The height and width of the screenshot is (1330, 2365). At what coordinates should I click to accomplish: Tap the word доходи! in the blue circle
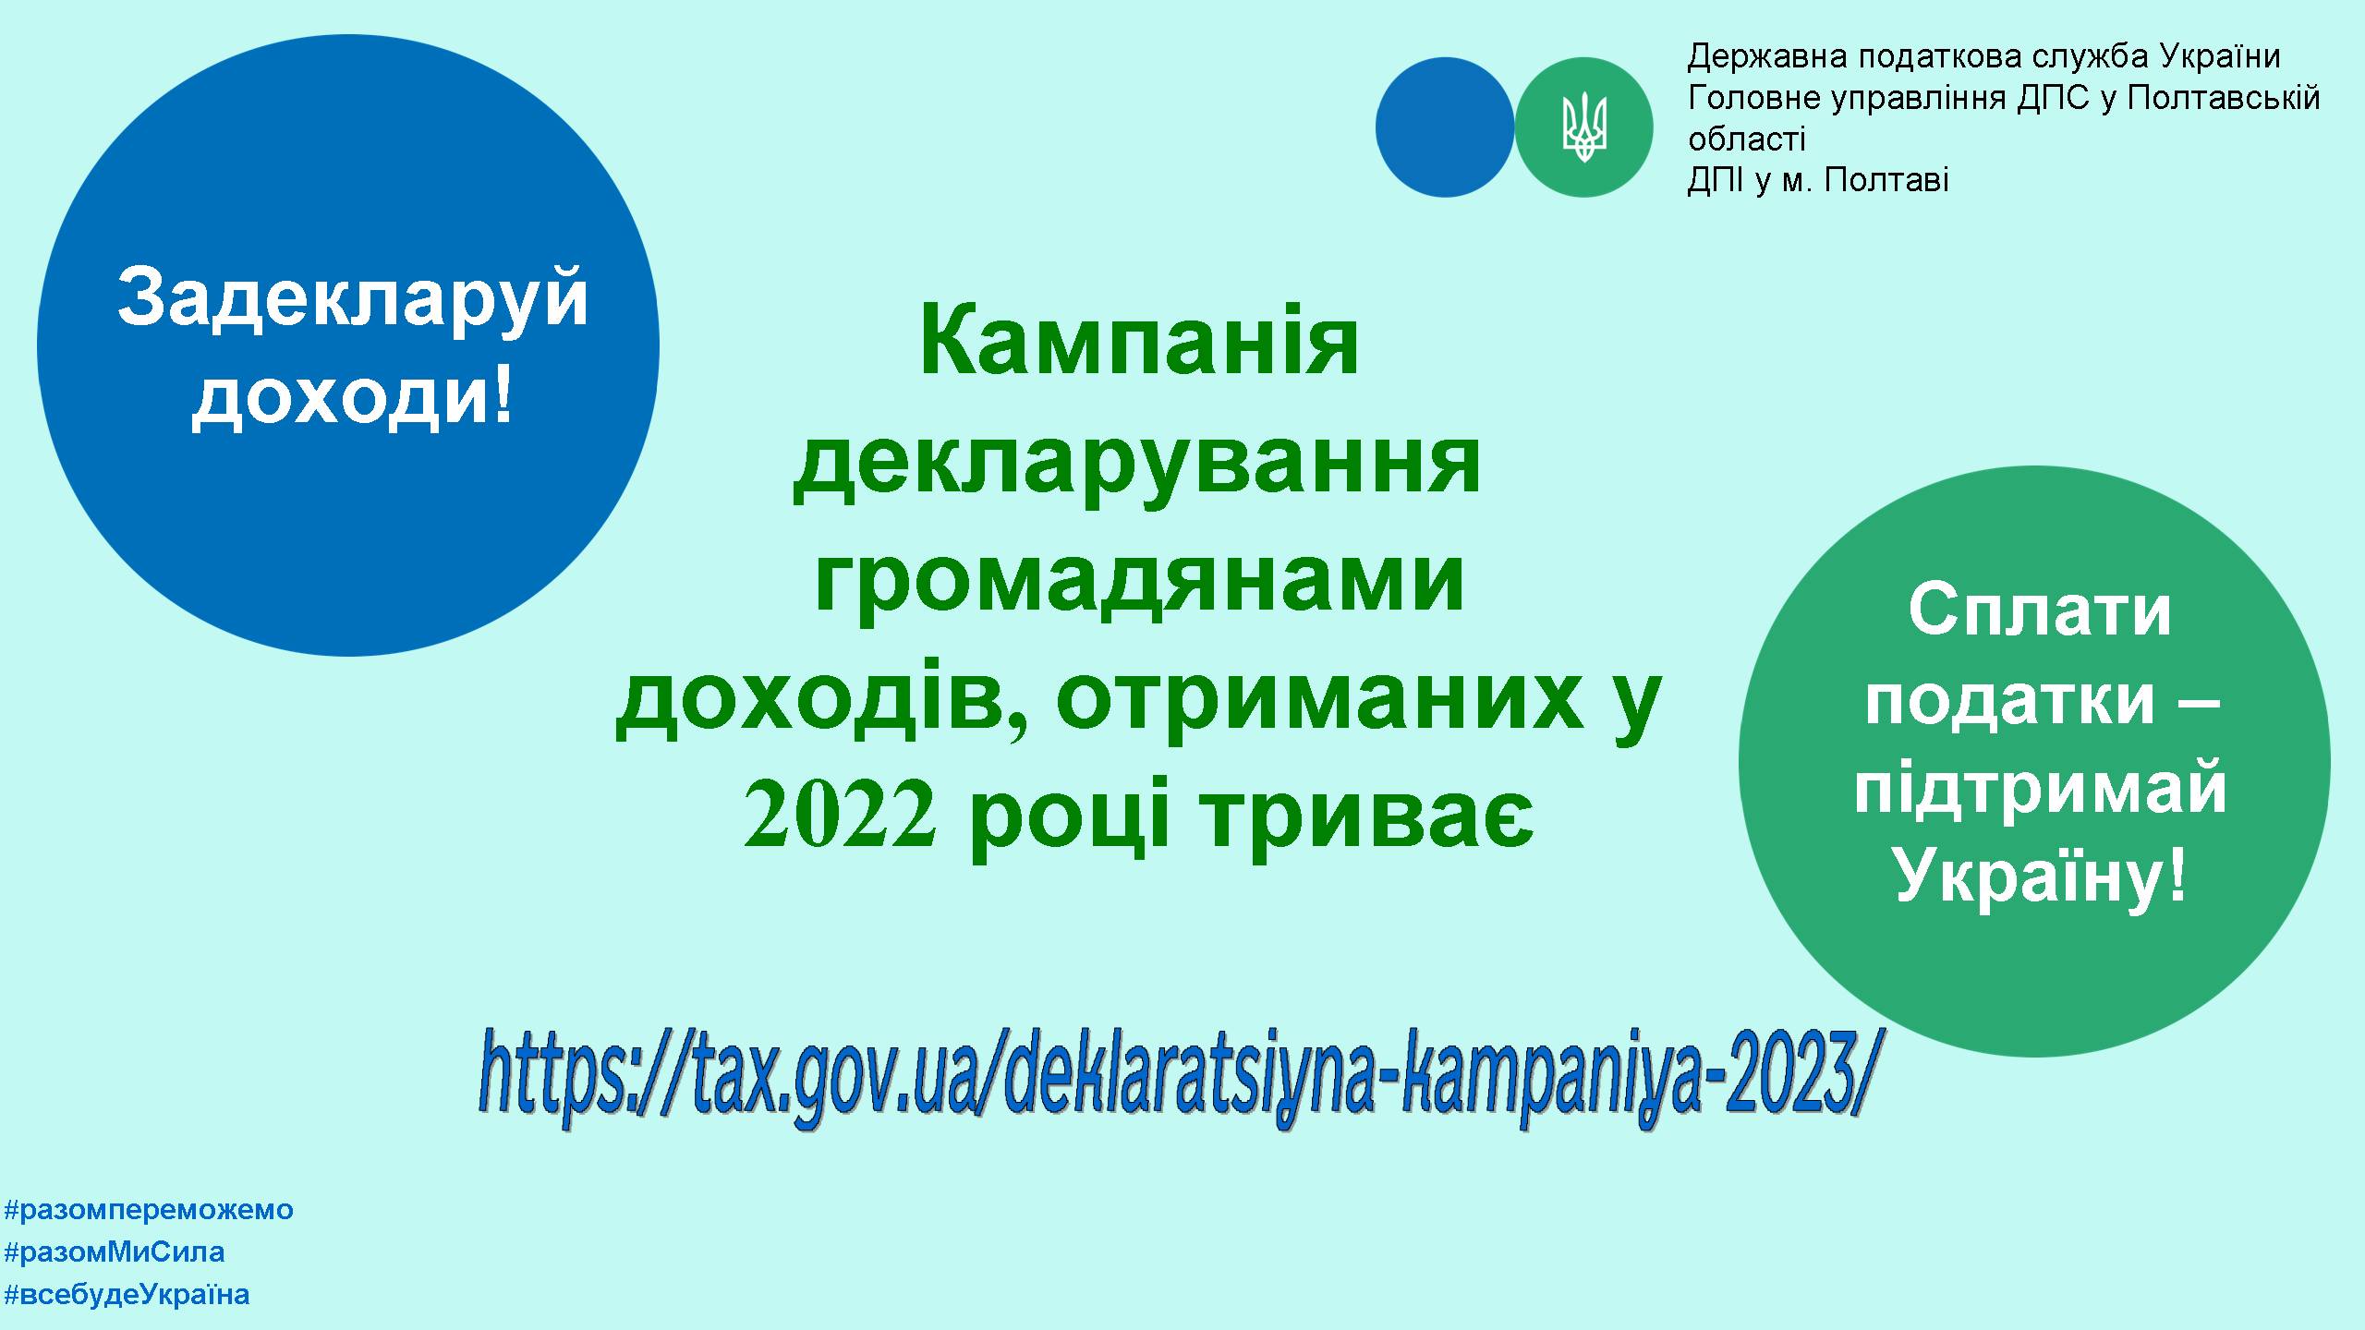(352, 397)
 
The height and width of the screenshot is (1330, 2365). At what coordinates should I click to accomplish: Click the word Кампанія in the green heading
(1139, 343)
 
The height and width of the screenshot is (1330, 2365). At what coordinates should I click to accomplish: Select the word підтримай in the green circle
(2041, 793)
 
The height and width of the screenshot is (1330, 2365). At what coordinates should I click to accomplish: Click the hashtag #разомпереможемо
(149, 1210)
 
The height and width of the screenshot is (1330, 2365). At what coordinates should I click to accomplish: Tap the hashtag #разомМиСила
(115, 1252)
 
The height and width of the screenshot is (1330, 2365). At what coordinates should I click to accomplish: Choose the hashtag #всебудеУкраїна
(127, 1295)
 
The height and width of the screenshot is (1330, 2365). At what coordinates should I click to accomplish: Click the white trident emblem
(1584, 127)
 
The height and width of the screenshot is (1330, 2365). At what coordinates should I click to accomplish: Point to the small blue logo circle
(1445, 127)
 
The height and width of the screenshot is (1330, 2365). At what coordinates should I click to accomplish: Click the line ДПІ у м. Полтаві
(1818, 180)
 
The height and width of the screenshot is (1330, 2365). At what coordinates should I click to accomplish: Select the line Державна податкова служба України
(1984, 57)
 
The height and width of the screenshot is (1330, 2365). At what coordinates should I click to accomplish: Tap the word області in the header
(1746, 139)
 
